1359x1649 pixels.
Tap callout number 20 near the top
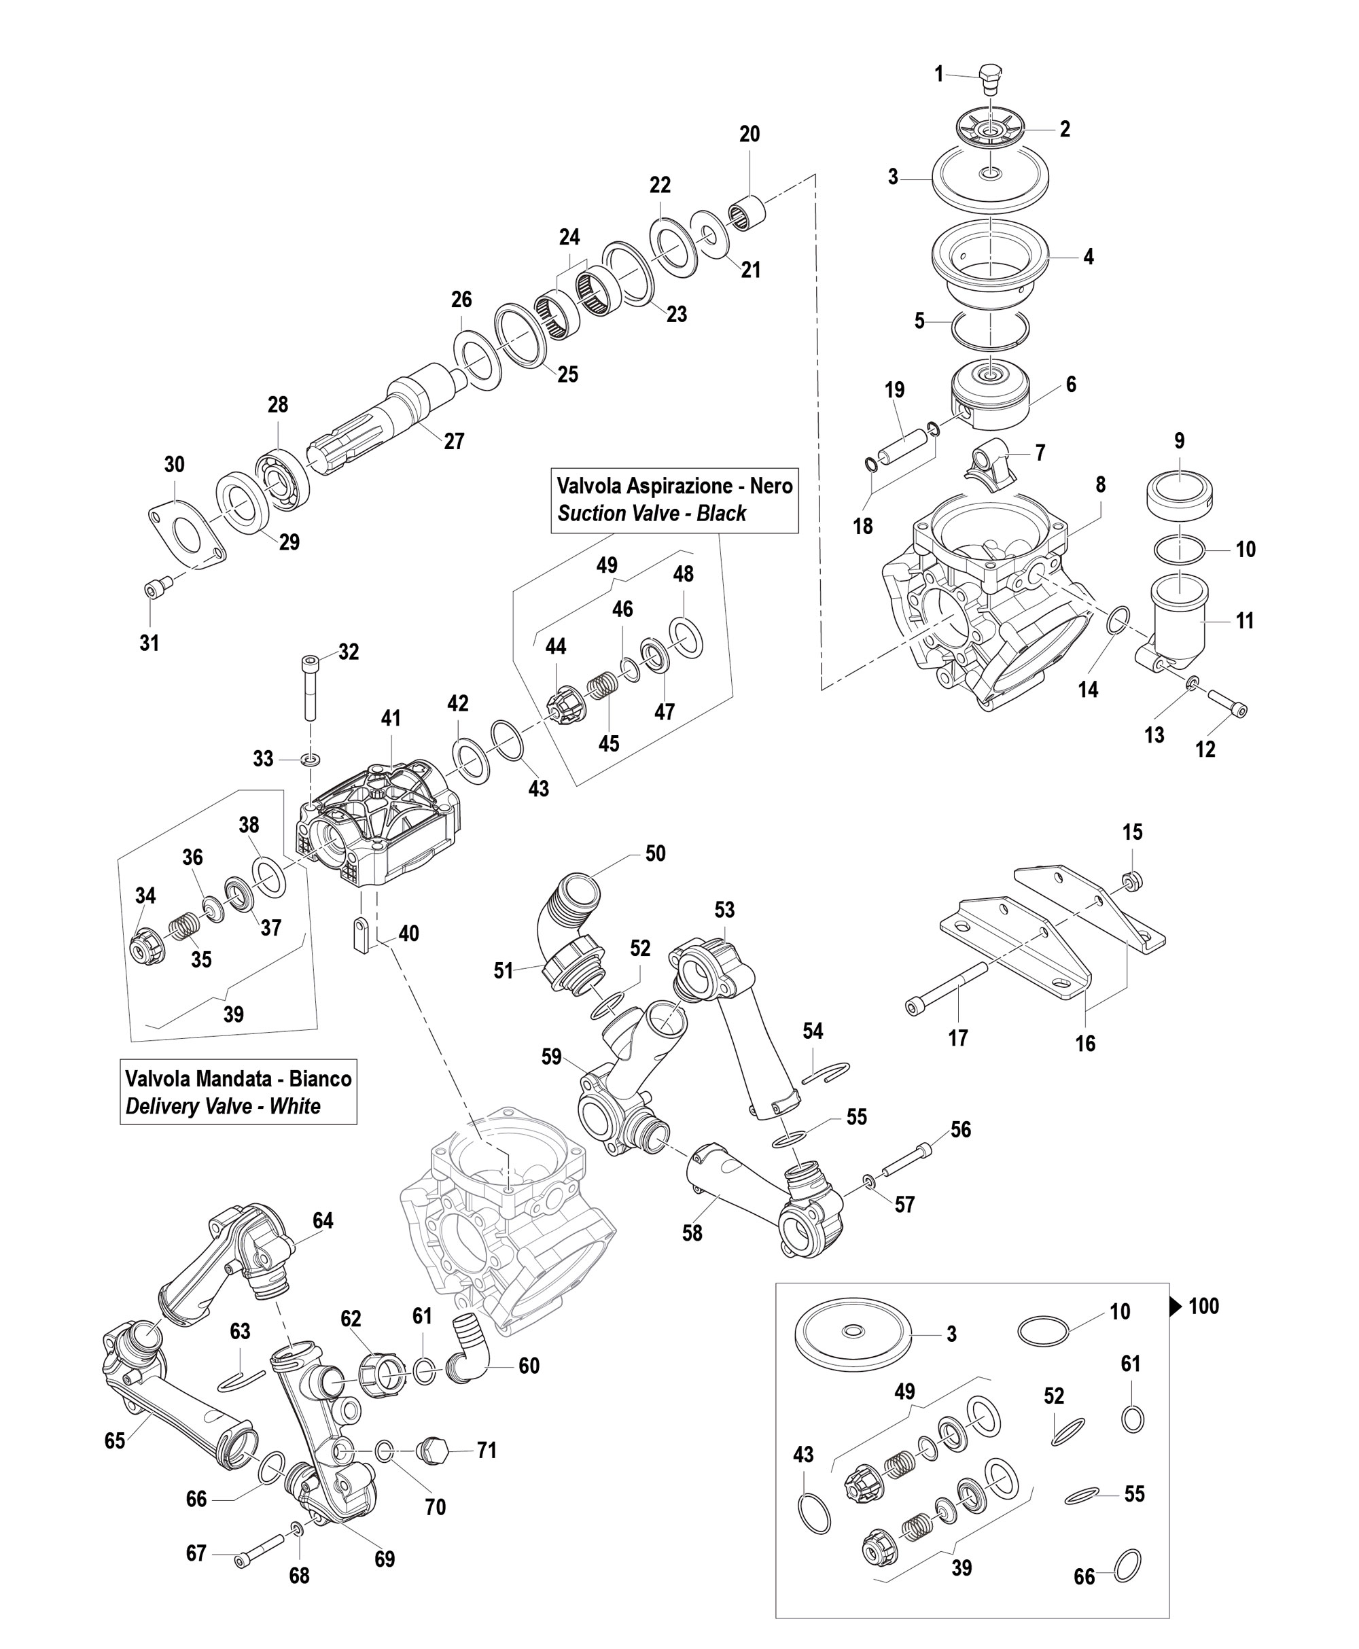(749, 134)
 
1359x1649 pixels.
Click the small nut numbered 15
(1131, 881)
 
